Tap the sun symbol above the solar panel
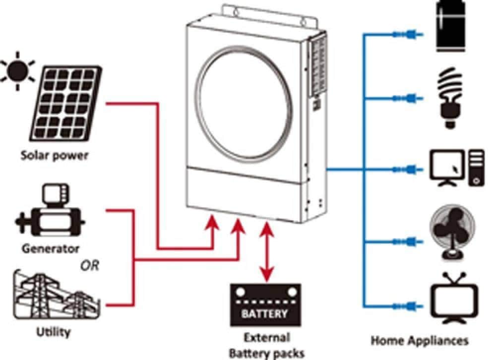click(16, 71)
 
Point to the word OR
click(90, 266)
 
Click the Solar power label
click(54, 155)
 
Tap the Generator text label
click(50, 248)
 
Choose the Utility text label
click(53, 332)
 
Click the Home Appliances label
click(420, 341)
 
